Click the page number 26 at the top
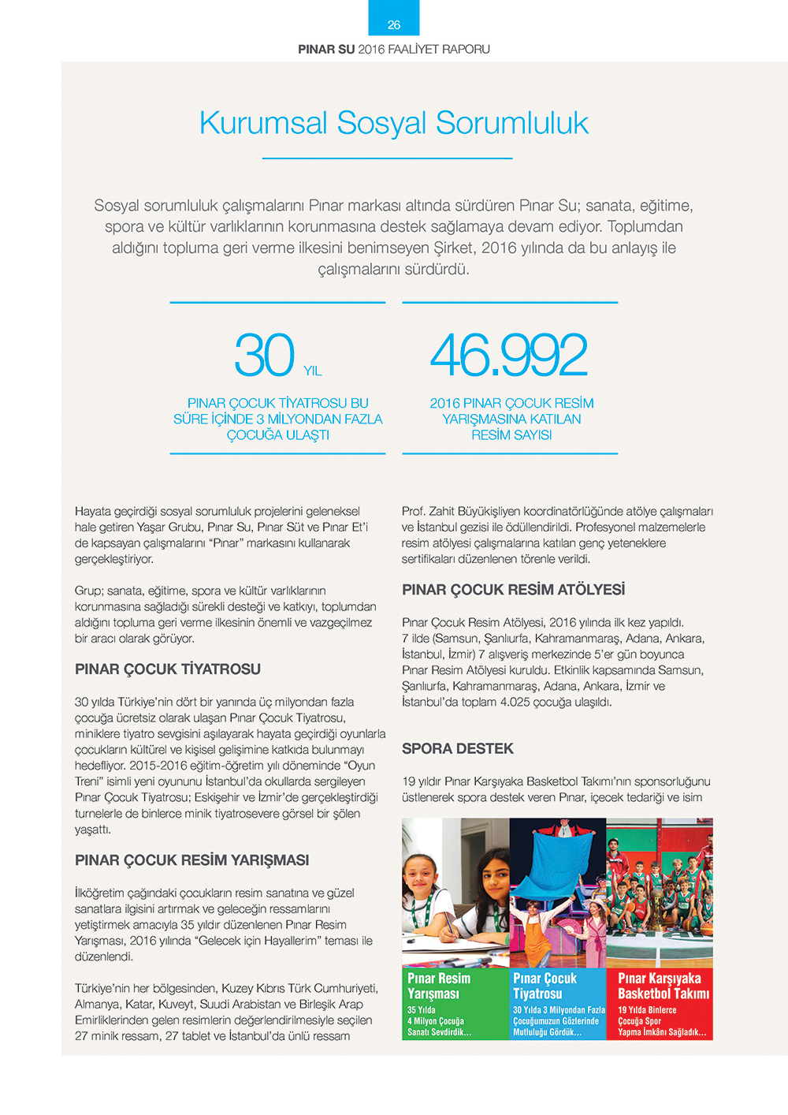394,25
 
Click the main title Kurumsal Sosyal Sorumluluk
394,123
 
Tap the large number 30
264,356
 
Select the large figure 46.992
509,356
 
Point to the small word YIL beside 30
313,371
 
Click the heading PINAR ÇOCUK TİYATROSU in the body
168,669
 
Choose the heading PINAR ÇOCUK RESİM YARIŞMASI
191,860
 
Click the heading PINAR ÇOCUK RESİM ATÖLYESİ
513,590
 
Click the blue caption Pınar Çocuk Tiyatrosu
545,986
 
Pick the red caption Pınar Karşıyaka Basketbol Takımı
663,986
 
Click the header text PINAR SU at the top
326,49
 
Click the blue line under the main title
387,158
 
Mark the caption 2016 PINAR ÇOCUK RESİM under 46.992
511,403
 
